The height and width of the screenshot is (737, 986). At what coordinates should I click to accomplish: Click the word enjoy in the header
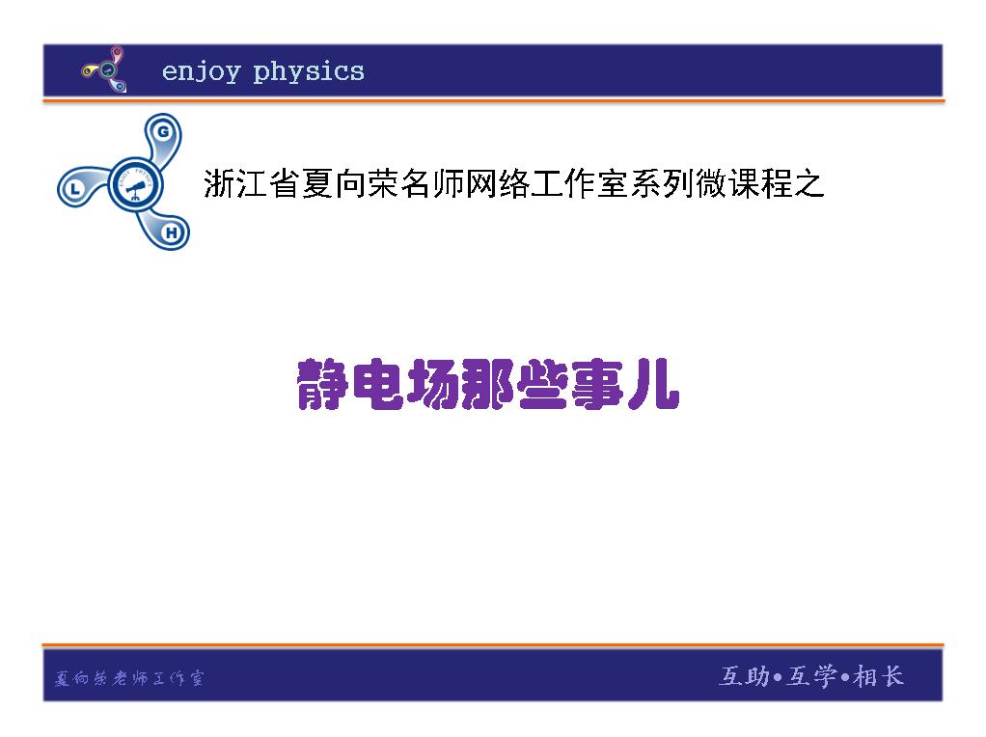(202, 72)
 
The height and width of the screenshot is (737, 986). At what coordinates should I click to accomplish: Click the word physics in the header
(309, 72)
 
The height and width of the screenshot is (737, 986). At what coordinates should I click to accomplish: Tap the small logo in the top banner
(105, 69)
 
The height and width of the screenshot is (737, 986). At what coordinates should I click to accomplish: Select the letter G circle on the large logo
(163, 131)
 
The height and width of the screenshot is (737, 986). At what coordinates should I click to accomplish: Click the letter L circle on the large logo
(75, 187)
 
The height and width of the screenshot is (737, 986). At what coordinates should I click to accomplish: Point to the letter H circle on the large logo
(171, 232)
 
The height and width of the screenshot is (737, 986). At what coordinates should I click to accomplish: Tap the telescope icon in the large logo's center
(136, 187)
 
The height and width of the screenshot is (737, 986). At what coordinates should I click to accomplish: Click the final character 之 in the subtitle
(808, 183)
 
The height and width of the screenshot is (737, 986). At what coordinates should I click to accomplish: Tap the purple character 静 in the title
(322, 384)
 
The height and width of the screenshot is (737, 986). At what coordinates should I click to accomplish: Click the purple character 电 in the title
(376, 384)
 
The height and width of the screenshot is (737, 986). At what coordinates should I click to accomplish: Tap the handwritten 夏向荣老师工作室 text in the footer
(129, 678)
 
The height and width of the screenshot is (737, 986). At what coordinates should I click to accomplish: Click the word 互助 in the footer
(745, 676)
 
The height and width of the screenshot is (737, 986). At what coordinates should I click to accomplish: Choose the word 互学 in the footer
(811, 676)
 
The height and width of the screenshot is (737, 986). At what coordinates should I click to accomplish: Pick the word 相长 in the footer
(879, 676)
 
